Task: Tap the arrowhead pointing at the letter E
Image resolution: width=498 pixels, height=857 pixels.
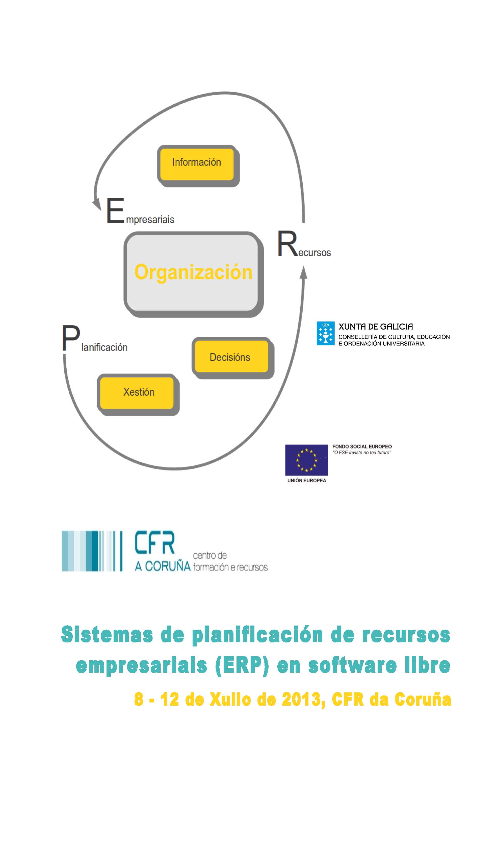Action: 97,205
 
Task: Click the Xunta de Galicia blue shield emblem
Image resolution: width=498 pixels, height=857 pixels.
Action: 325,333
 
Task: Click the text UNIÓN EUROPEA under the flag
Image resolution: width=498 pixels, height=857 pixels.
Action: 306,481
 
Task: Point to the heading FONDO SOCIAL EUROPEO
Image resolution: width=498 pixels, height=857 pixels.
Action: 362,447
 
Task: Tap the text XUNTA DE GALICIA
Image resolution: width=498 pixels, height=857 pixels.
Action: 376,327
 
